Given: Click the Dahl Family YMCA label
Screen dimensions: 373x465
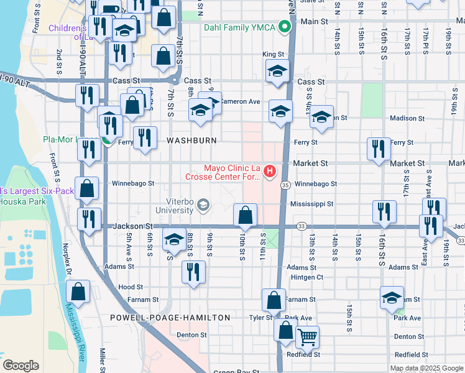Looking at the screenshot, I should point(241,27).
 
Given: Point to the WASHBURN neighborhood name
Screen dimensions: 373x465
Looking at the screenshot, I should point(191,141).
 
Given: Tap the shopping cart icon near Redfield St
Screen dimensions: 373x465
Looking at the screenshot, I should point(307,338).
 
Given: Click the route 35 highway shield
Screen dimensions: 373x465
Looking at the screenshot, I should point(285,185).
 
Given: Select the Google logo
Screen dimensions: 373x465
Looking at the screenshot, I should point(21,366).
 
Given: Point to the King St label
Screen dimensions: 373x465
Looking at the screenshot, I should point(273,55).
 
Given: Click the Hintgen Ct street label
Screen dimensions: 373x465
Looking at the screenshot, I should point(306,277).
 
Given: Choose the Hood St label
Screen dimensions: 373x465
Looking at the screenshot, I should point(131,287).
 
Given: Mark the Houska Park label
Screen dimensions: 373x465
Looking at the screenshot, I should point(18,201).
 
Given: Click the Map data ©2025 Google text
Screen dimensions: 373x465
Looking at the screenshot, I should point(426,368).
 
